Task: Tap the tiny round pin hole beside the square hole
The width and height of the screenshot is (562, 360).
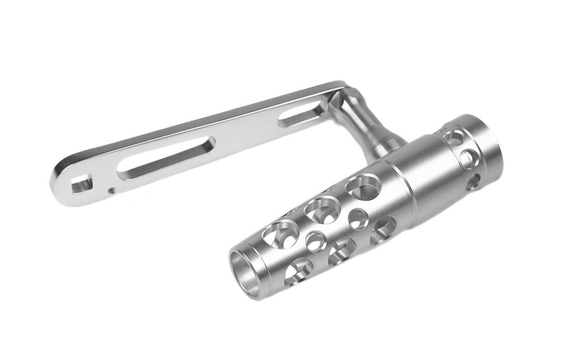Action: (x=112, y=190)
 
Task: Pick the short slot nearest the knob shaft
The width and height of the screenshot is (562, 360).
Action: (x=303, y=112)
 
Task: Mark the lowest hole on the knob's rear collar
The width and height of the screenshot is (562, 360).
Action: (x=473, y=181)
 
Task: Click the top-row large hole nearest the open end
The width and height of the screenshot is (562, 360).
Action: (x=282, y=232)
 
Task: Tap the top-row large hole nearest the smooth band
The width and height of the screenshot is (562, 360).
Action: (x=361, y=186)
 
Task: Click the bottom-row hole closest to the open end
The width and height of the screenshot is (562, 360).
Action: (x=298, y=272)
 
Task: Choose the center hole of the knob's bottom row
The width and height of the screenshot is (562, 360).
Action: (x=341, y=251)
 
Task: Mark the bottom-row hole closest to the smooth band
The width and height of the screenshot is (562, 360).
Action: (x=383, y=229)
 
